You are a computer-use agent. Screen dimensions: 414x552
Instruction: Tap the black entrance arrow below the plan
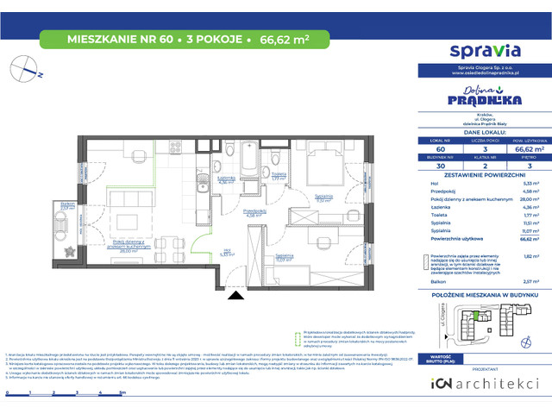pyautogui.click(x=235, y=298)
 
